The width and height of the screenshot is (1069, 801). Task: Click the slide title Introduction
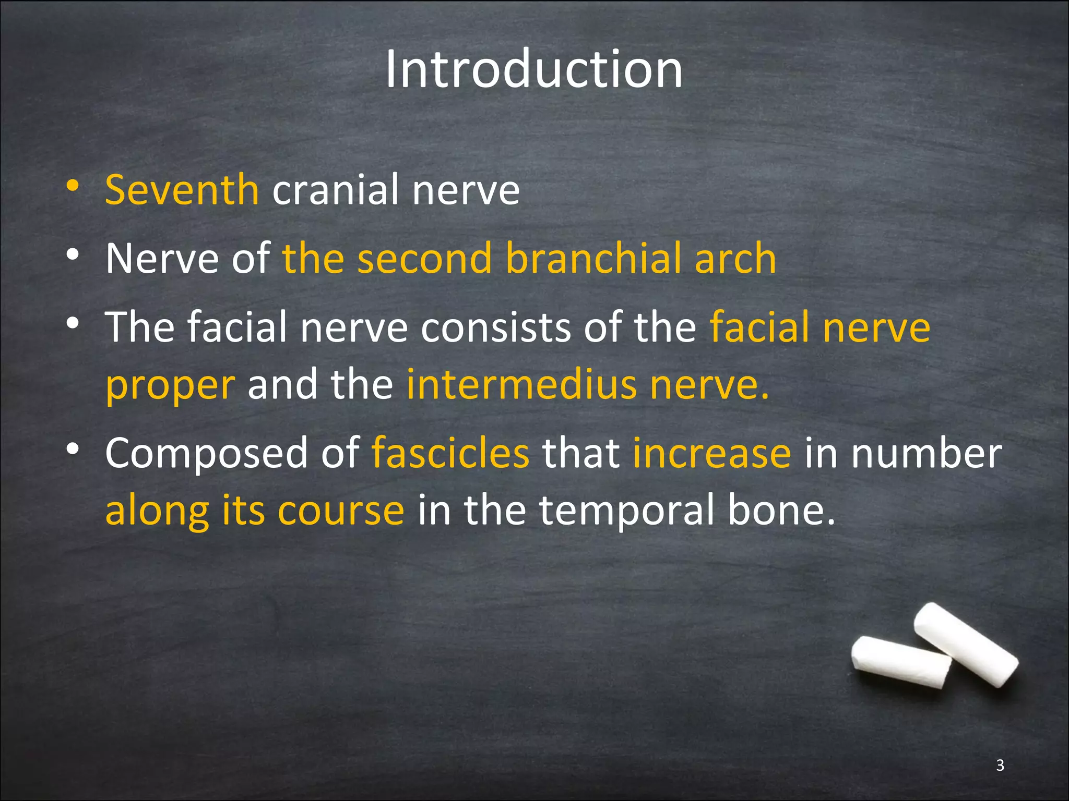533,69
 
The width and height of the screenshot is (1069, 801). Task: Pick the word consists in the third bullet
495,327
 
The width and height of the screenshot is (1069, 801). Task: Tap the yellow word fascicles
450,453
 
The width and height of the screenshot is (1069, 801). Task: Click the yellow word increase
712,453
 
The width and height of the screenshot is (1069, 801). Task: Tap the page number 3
1000,765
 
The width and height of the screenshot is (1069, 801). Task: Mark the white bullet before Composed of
73,449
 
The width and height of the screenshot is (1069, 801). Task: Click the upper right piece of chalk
966,645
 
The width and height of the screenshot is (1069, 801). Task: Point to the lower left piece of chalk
901,662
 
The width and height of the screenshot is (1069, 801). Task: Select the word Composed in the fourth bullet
206,454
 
